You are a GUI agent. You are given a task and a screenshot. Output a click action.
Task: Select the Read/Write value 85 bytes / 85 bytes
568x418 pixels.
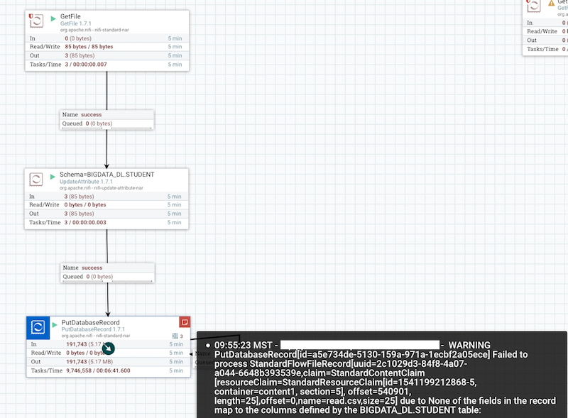tap(84, 46)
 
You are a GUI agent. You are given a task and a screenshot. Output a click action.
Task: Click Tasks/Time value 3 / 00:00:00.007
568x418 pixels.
tap(89, 65)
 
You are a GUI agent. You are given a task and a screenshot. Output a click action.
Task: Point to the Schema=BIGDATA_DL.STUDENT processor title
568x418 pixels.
tap(106, 175)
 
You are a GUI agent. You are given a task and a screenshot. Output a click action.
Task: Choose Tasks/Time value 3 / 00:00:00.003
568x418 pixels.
tap(89, 223)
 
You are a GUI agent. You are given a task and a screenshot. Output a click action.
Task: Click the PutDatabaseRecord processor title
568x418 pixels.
tap(91, 323)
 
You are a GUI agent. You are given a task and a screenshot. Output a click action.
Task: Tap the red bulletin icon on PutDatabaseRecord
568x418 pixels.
tap(184, 322)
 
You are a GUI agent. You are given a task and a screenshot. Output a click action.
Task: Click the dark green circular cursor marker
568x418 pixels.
tap(108, 348)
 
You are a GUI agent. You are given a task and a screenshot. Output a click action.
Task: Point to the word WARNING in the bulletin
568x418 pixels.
tap(469, 345)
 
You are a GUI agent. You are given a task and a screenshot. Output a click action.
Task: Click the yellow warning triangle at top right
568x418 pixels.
tap(551, 4)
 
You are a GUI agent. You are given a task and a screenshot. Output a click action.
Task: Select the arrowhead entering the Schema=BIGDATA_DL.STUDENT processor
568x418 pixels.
tap(107, 165)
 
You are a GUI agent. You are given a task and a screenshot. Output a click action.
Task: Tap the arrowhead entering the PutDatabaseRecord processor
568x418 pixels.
tap(107, 313)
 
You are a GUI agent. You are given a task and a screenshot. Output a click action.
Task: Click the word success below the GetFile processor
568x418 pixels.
tap(92, 114)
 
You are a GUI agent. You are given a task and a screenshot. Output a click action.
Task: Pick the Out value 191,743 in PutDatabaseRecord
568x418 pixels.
tap(79, 361)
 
